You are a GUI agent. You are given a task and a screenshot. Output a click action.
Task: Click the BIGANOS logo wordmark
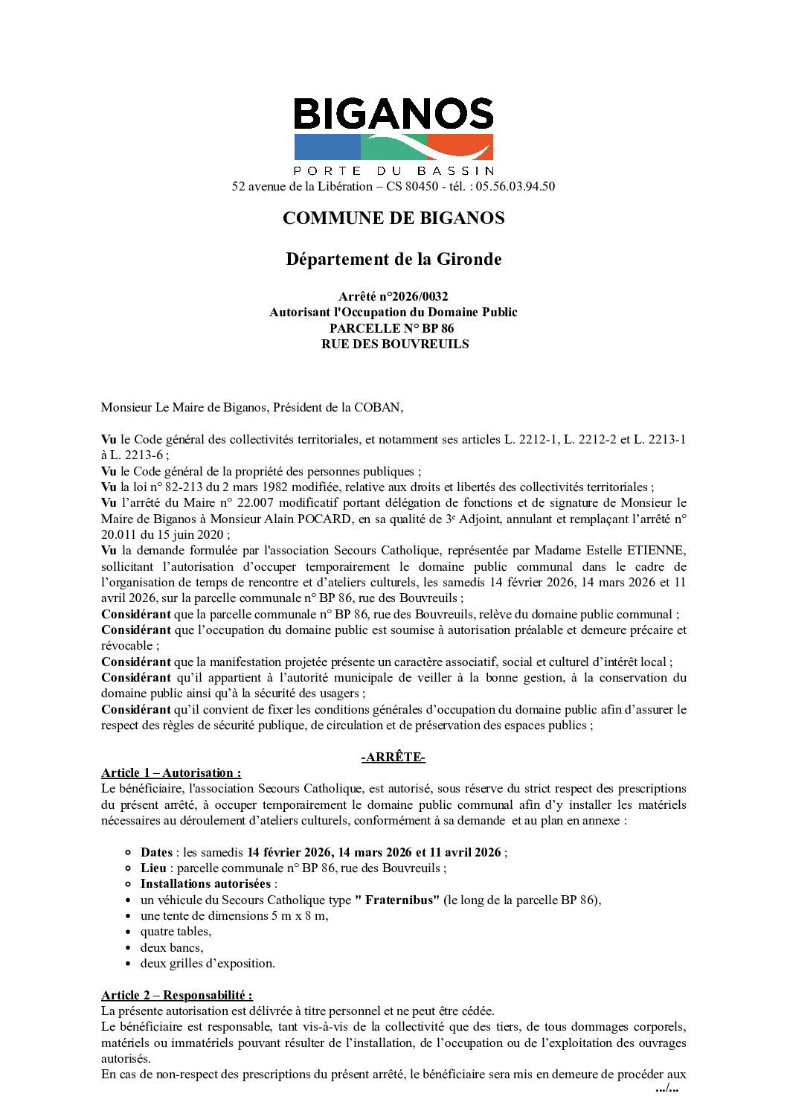(393, 115)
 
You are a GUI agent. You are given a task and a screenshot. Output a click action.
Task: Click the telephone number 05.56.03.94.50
(515, 186)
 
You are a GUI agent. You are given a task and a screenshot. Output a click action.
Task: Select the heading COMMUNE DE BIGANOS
(393, 218)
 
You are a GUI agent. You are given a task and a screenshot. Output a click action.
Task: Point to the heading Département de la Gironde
(393, 259)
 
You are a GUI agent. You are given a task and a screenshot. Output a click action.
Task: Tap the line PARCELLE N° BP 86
(392, 328)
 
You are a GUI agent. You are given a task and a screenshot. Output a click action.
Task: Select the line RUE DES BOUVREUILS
(395, 344)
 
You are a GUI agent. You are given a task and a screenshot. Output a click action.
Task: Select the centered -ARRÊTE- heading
(393, 758)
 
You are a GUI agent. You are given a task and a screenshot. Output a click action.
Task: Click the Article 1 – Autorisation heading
(171, 772)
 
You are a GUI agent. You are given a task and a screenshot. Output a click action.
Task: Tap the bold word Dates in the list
(156, 852)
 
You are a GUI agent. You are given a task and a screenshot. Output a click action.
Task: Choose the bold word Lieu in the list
(153, 868)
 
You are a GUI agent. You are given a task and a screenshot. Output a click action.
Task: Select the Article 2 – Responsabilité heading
(176, 995)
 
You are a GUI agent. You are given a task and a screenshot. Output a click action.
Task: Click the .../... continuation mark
(667, 1088)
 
